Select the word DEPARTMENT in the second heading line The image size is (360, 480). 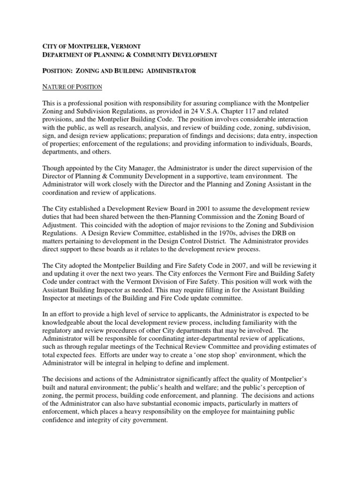pos(61,55)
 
